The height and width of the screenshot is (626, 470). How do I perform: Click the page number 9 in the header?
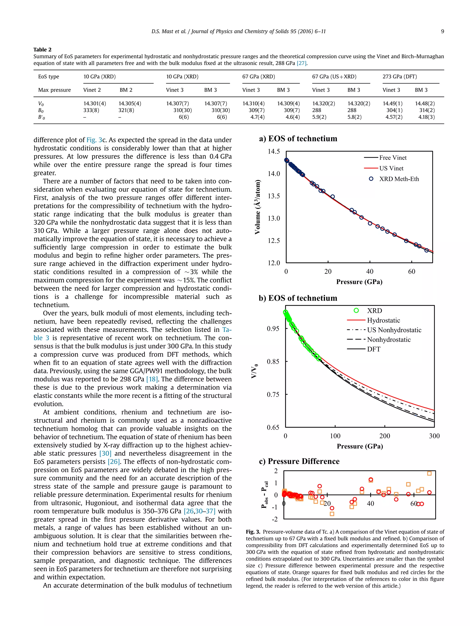tap(442, 31)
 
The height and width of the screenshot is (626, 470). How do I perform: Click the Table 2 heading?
tap(42, 50)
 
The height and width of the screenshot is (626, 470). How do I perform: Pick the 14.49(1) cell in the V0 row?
tap(392, 104)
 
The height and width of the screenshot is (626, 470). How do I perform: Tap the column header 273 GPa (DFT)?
tap(400, 76)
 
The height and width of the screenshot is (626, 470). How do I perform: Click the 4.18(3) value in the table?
tap(426, 117)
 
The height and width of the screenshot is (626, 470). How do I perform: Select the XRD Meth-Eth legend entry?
tap(399, 179)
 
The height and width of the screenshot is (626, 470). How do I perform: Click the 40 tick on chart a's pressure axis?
tap(370, 272)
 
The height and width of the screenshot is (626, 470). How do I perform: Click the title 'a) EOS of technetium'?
tap(298, 139)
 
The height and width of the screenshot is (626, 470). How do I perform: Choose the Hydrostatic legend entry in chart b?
tap(383, 320)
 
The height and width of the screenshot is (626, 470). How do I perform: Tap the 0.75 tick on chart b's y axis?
tap(273, 394)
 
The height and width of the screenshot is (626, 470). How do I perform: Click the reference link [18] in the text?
tap(152, 379)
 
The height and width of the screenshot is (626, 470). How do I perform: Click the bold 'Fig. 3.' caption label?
tap(253, 532)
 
